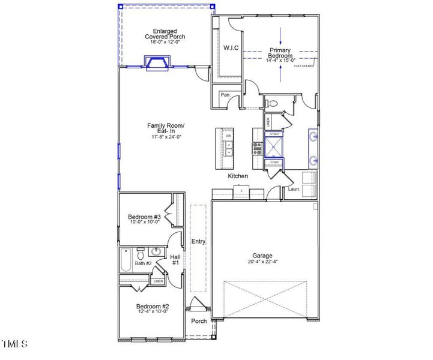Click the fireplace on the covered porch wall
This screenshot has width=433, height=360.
point(156,62)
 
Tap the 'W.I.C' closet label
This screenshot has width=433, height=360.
point(232,47)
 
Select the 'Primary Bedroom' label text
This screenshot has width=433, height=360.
point(280,53)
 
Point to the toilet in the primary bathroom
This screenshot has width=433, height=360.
point(273,104)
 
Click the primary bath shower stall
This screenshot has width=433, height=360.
point(276,144)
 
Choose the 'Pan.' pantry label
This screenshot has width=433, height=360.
point(226,95)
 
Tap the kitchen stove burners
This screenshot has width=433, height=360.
point(256,148)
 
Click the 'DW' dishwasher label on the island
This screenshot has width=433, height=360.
point(229,137)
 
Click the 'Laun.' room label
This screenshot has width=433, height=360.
point(294,189)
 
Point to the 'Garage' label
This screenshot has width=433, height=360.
point(262,255)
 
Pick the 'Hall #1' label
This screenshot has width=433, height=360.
point(175,260)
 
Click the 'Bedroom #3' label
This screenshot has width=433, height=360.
point(144,217)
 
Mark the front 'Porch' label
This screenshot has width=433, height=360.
point(199,321)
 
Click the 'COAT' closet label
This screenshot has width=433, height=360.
point(274,162)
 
